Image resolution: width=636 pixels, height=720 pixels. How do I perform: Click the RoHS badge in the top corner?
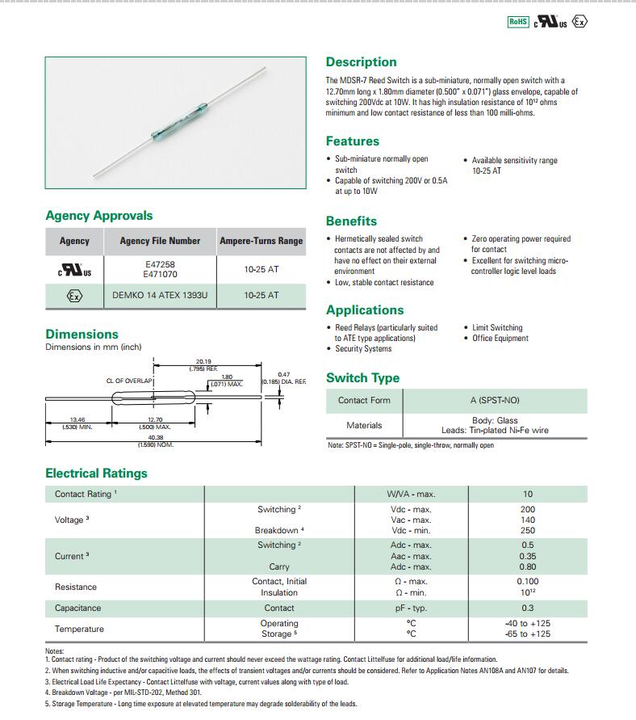click(517, 22)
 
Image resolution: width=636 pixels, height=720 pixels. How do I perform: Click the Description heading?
click(361, 62)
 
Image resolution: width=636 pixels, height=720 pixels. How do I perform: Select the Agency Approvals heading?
click(98, 216)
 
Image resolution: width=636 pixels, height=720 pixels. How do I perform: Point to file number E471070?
click(159, 275)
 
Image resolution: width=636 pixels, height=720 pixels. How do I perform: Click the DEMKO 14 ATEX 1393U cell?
click(159, 296)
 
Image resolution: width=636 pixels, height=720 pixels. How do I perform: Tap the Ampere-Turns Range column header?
click(261, 241)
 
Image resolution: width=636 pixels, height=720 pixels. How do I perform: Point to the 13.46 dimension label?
click(77, 420)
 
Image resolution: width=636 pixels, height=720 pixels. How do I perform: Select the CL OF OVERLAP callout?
click(130, 379)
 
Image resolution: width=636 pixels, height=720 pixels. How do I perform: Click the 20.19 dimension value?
click(203, 362)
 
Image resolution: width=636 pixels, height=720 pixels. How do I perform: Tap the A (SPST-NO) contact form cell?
click(495, 400)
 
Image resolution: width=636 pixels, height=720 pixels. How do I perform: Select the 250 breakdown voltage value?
click(528, 530)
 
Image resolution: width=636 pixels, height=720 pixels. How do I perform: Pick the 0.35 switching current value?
click(528, 556)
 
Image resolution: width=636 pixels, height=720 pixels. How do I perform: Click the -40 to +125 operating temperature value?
click(528, 623)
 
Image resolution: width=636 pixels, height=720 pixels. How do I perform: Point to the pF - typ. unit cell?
click(410, 608)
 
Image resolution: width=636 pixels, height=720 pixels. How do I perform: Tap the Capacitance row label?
click(77, 608)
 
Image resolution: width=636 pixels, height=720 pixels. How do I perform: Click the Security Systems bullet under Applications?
click(363, 349)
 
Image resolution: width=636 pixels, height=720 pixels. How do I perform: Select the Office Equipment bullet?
click(500, 339)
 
